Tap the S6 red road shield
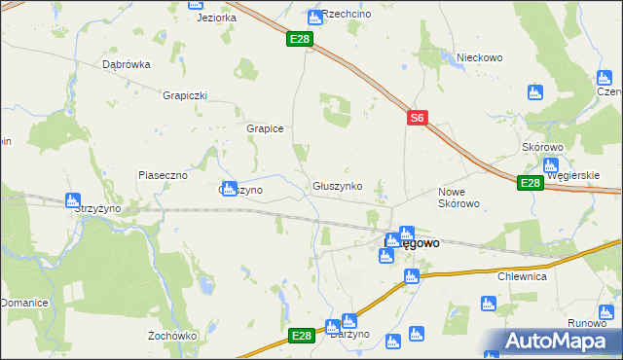pos(417,118)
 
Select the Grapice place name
pos(264,127)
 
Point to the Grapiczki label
pos(186,95)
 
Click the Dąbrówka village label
pos(127,65)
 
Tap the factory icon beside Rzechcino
pos(314,17)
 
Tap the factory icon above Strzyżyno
pos(71,200)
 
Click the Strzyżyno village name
pos(97,208)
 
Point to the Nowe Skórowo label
pos(458,198)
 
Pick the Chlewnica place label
pos(523,276)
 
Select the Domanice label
pos(24,303)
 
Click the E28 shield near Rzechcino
pos(300,40)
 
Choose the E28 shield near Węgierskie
pos(530,183)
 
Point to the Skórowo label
pos(543,147)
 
